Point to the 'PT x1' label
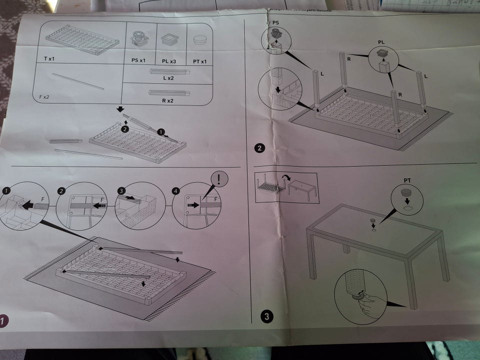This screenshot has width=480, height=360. click(199, 61)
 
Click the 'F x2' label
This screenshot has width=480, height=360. click(45, 94)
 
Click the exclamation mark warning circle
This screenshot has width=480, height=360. click(220, 177)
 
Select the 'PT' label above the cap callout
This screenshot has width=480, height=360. click(407, 178)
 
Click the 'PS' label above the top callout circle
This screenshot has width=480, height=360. click(275, 23)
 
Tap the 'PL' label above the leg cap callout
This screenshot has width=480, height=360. click(381, 43)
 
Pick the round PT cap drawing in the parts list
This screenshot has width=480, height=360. click(199, 40)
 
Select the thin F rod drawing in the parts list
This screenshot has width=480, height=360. click(77, 81)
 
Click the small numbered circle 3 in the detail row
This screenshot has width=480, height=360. click(120, 190)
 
